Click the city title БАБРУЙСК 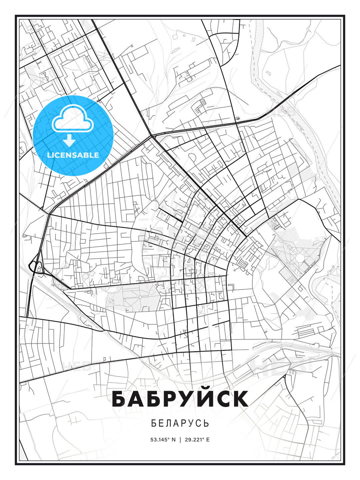point(180,399)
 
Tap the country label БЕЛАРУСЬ point(180,423)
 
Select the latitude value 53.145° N point(163,440)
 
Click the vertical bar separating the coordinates point(180,440)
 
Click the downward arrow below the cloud point(69,141)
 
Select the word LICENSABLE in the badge point(73,155)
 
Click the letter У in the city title point(178,399)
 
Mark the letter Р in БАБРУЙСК point(160,399)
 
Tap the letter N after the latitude point(173,440)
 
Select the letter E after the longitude point(208,440)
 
